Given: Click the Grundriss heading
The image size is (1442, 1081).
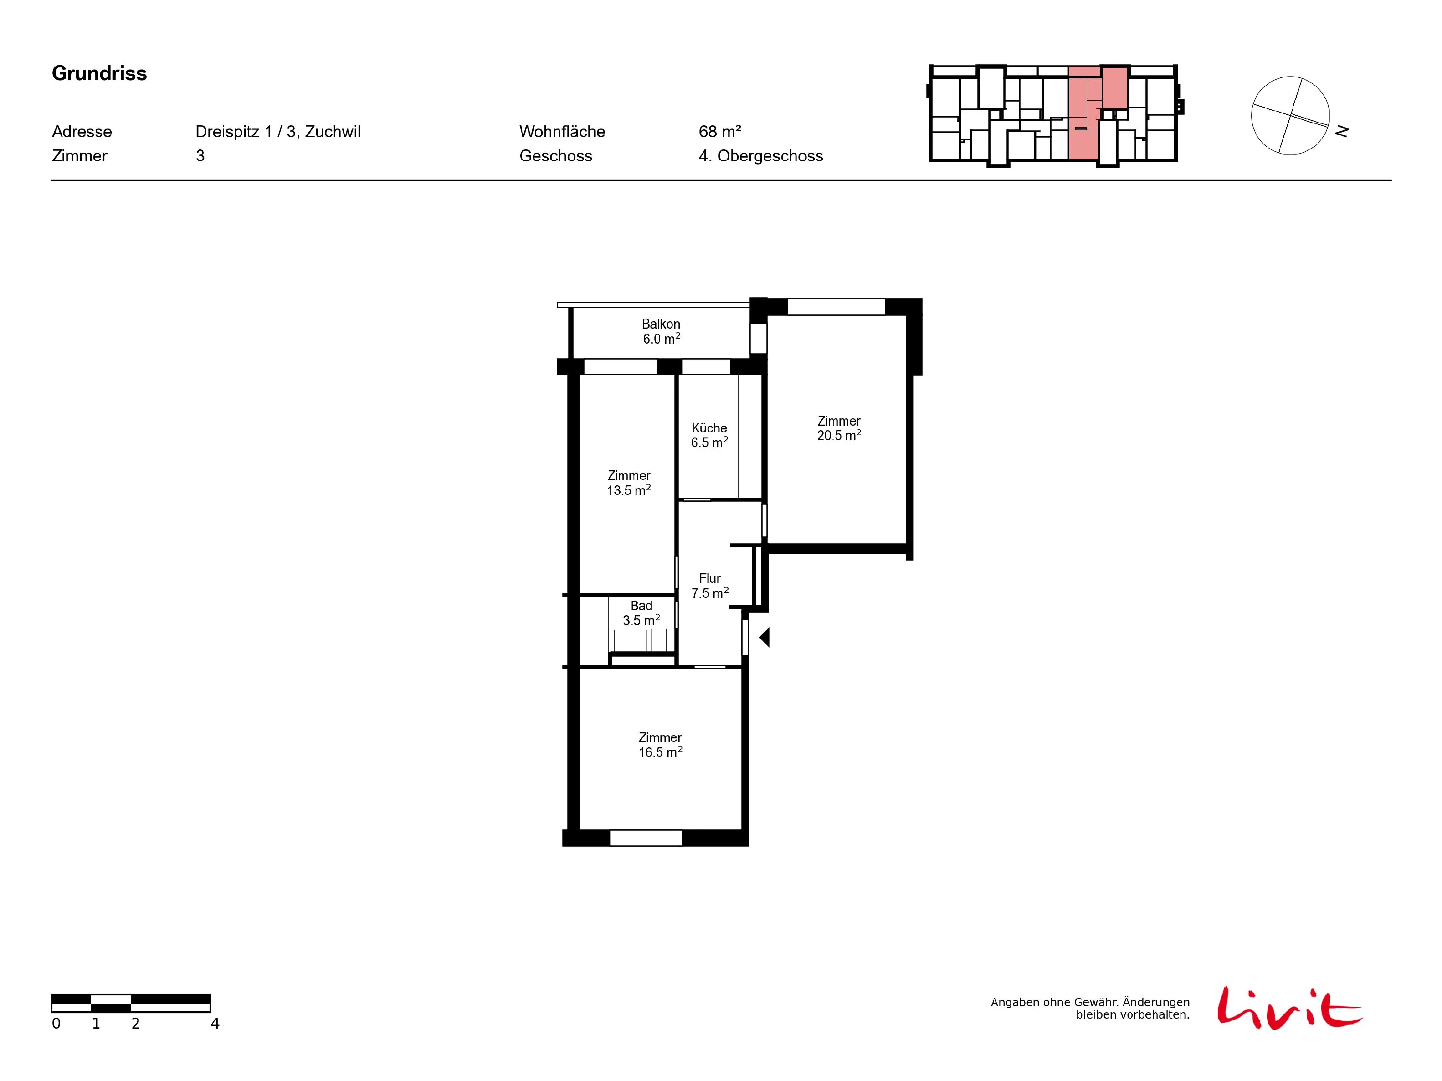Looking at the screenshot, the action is tap(99, 74).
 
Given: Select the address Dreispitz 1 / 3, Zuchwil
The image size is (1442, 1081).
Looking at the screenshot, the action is tap(278, 132).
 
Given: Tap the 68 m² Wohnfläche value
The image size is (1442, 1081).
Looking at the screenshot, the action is tap(720, 132).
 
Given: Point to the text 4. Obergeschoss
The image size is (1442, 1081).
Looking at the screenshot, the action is tap(761, 156).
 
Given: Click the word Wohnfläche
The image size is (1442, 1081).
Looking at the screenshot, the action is tap(562, 132).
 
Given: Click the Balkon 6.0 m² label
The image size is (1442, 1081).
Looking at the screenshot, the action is tap(661, 331).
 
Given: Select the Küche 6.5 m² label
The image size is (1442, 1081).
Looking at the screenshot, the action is tap(709, 435).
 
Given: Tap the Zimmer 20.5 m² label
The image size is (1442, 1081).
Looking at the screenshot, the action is tap(839, 428).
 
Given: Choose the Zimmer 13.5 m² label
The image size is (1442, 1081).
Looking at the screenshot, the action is tap(629, 483).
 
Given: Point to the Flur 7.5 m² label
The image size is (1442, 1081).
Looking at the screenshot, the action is tap(710, 586).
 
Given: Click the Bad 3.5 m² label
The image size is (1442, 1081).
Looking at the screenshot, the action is tap(642, 613).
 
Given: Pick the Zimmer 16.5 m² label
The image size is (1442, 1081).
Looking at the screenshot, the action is tap(660, 745).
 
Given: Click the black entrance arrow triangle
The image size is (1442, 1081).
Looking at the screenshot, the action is tap(765, 637).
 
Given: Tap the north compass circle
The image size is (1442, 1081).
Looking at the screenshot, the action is tap(1290, 116).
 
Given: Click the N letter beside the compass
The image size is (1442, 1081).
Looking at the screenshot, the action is tap(1342, 132).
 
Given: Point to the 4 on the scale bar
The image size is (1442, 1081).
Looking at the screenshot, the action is tap(215, 1024).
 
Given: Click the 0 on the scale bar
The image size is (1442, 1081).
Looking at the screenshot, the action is tap(56, 1024).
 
